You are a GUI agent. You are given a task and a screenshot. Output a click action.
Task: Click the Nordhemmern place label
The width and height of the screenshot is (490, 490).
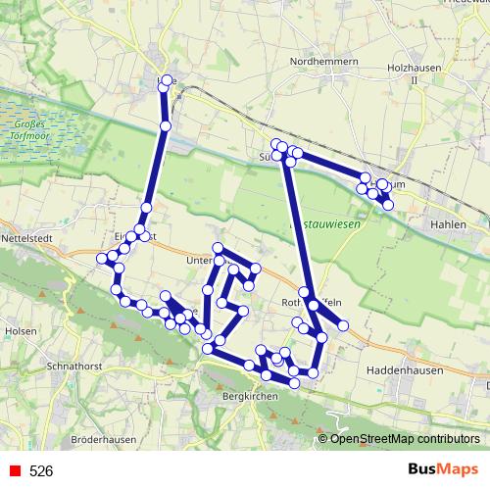pyautogui.click(x=320, y=61)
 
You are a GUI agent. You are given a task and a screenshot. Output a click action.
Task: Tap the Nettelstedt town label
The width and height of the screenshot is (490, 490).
pyautogui.click(x=30, y=237)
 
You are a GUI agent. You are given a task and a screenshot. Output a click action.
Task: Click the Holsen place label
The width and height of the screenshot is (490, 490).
pyautogui.click(x=21, y=331)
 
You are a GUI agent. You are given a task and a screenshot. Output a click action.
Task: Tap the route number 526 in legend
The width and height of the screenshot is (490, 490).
pyautogui.click(x=41, y=471)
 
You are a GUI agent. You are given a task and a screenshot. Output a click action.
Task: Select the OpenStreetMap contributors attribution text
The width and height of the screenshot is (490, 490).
pyautogui.click(x=405, y=440)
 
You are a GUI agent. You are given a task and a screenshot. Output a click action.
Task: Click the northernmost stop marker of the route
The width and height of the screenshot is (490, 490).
pyautogui.click(x=167, y=79)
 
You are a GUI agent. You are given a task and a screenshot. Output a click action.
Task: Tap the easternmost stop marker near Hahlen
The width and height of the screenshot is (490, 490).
pyautogui.click(x=388, y=204)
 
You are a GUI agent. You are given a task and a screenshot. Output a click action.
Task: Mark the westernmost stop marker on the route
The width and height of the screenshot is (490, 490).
pyautogui.click(x=101, y=258)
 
